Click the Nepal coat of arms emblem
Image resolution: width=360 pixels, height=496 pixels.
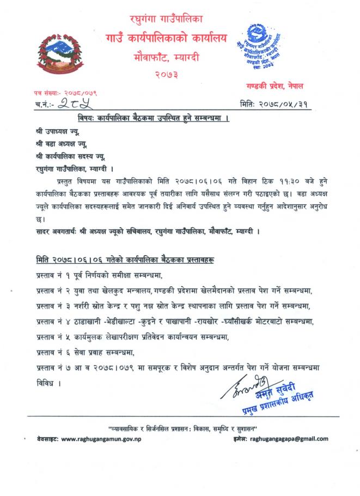click(57, 55)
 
